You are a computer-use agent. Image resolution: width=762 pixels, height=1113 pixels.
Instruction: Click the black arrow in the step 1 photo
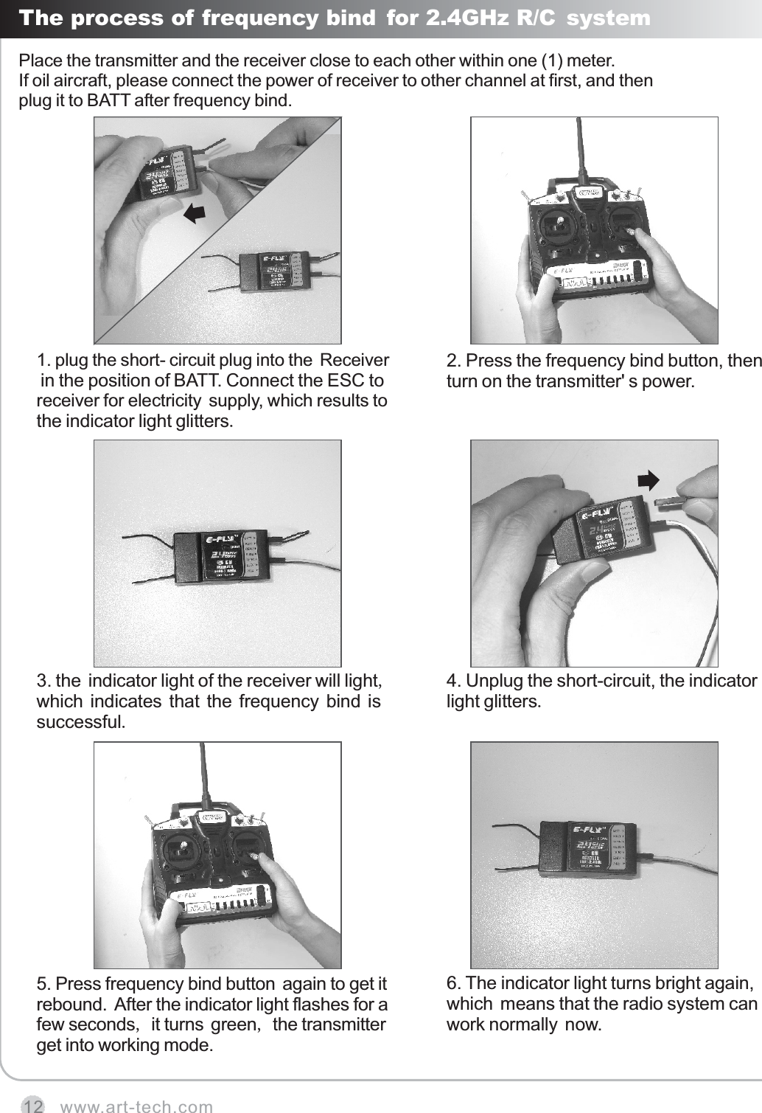tap(194, 213)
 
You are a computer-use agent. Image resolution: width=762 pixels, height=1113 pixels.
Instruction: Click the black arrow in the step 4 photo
tap(648, 480)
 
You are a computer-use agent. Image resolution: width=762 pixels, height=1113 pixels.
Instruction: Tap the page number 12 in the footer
tap(32, 1105)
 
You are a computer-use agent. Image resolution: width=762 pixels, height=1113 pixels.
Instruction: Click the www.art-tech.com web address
tap(136, 1106)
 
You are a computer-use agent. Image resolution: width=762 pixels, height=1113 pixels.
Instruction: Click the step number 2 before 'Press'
tap(452, 361)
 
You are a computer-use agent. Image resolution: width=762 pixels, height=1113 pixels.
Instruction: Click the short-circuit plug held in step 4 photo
tap(669, 502)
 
